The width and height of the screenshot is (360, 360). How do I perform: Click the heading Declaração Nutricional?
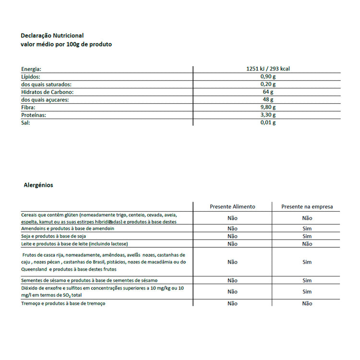click(52, 36)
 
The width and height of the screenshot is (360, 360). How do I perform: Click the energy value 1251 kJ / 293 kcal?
click(267, 69)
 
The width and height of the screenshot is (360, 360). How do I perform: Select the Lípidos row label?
click(30, 77)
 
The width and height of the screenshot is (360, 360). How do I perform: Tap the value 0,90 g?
click(267, 77)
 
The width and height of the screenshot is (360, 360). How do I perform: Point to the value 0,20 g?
click(267, 84)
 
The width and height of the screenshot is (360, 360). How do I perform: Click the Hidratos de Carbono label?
click(47, 92)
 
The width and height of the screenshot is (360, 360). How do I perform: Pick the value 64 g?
click(267, 92)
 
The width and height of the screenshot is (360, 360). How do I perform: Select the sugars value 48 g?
click(267, 100)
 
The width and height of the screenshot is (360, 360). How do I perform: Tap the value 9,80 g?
click(267, 108)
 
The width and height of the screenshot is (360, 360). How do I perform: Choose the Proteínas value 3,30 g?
click(267, 115)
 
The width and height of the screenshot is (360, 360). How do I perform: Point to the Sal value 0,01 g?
click(267, 123)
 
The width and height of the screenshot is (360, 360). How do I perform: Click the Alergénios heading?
click(38, 185)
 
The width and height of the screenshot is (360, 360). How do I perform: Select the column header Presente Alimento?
click(232, 207)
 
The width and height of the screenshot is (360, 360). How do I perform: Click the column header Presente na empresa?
click(307, 207)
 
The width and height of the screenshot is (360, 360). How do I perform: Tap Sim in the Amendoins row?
click(307, 228)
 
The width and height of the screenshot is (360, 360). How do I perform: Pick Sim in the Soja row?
click(307, 236)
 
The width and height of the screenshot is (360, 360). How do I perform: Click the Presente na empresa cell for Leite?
click(307, 244)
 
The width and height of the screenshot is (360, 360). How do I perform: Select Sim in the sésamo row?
click(307, 280)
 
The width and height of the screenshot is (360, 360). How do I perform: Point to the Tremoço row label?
click(63, 303)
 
